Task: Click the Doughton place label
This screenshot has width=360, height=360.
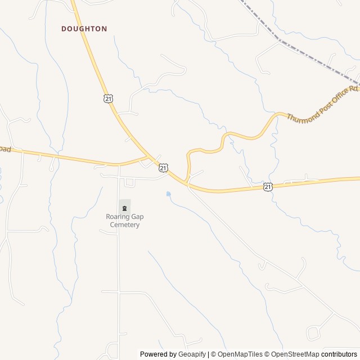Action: pyautogui.click(x=84, y=28)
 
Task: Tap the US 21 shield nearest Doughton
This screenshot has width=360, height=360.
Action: pyautogui.click(x=108, y=98)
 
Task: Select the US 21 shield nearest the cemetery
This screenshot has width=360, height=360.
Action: pyautogui.click(x=163, y=168)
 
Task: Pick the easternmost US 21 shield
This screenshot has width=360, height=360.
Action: pyautogui.click(x=268, y=186)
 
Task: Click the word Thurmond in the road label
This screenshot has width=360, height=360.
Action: pyautogui.click(x=302, y=111)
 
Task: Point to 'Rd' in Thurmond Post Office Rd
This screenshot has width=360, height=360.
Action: pyautogui.click(x=353, y=89)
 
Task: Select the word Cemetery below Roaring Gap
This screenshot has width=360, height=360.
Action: pyautogui.click(x=124, y=225)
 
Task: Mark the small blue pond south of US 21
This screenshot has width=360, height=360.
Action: pyautogui.click(x=168, y=194)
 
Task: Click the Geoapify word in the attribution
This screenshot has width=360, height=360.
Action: pyautogui.click(x=192, y=354)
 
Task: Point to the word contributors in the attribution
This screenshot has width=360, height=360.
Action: pyautogui.click(x=339, y=354)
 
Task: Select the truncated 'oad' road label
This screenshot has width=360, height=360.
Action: pyautogui.click(x=4, y=148)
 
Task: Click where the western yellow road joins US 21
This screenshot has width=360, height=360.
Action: pyautogui.click(x=148, y=157)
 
